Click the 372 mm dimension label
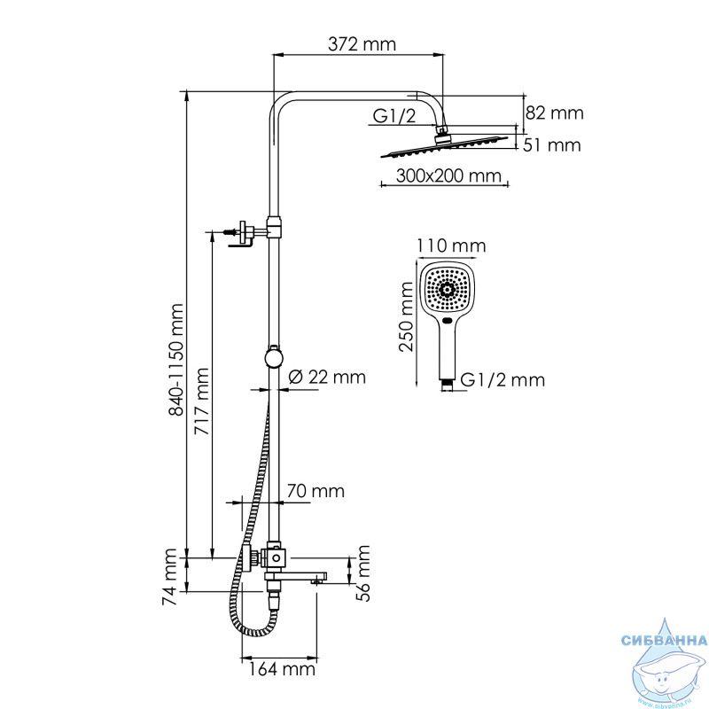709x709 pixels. [x=362, y=44]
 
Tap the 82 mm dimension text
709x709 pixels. [x=555, y=113]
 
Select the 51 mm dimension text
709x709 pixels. [x=551, y=145]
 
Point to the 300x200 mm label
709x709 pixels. [x=448, y=175]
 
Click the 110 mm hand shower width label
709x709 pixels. [x=451, y=245]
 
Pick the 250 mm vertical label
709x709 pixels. [x=407, y=316]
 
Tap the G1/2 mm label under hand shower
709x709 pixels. [x=503, y=380]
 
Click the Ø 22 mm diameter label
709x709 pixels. [x=327, y=377]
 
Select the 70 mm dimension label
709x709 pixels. [x=316, y=491]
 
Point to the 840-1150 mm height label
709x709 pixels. [x=175, y=360]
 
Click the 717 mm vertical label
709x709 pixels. [x=202, y=401]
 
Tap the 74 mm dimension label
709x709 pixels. [x=169, y=577]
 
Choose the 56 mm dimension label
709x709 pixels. [x=362, y=573]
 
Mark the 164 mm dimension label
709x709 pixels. [x=281, y=669]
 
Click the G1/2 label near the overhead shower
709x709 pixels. [x=394, y=116]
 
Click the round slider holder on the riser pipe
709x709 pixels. [x=274, y=357]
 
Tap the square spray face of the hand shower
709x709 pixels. [x=447, y=290]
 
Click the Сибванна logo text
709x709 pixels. [x=664, y=640]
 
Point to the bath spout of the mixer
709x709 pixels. [x=296, y=577]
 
